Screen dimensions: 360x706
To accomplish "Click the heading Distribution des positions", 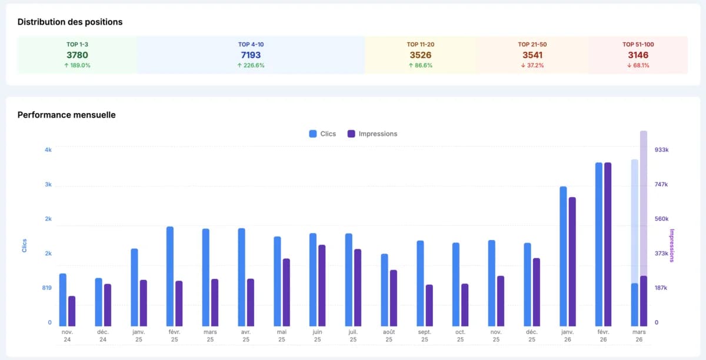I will click(x=70, y=22).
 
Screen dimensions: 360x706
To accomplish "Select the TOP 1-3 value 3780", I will click(x=77, y=55).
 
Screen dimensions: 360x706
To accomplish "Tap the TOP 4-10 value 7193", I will click(x=251, y=55).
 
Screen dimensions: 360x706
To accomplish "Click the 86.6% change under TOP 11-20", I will click(x=420, y=65).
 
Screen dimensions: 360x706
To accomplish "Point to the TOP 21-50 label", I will click(x=532, y=44).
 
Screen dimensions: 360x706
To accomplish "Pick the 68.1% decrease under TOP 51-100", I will click(x=638, y=65).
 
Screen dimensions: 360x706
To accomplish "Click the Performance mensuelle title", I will click(x=66, y=115).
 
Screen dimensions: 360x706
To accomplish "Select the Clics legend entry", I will click(x=322, y=134).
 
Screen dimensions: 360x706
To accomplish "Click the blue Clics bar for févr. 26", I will click(x=599, y=244).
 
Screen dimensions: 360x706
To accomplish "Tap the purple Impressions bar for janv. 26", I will click(x=572, y=261).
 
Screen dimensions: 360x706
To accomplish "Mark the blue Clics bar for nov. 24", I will click(x=63, y=299).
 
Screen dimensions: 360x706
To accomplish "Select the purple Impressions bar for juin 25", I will click(x=322, y=285).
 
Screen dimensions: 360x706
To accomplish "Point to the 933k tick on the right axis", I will click(x=661, y=150).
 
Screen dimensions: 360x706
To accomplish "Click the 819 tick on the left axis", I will click(x=46, y=288).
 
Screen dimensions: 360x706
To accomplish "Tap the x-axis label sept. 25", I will click(x=424, y=335).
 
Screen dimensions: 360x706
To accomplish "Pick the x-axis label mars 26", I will click(x=639, y=335).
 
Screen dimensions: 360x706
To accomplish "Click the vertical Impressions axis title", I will click(x=672, y=246).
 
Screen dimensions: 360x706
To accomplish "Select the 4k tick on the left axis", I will click(x=48, y=150).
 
